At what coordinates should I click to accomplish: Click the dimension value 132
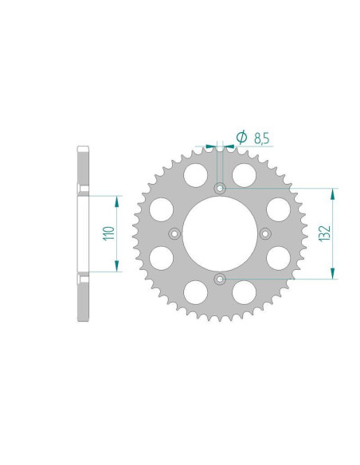click(324, 232)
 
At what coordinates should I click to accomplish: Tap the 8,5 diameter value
click(260, 139)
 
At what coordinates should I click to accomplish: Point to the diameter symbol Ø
click(241, 138)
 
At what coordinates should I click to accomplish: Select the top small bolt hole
click(220, 189)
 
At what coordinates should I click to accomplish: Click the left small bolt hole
click(174, 233)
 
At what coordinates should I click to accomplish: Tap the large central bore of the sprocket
click(220, 233)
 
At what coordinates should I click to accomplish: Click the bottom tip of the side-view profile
click(82, 319)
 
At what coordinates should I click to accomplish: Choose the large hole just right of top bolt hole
click(245, 174)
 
